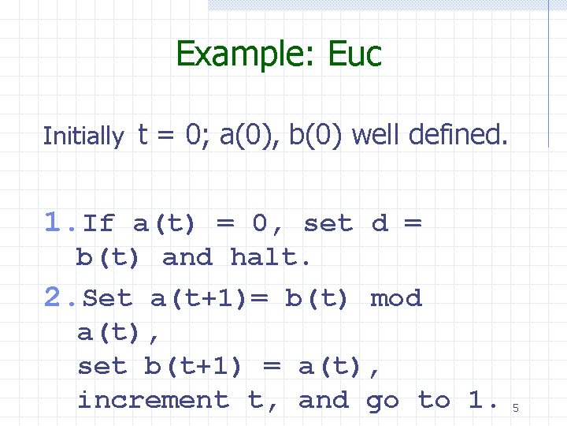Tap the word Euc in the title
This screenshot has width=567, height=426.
pos(346,54)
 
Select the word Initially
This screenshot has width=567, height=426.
pos(83,136)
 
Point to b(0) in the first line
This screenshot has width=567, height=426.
pos(317,135)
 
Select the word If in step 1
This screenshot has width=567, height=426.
pos(98,224)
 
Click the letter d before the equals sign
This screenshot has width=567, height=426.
pos(380,224)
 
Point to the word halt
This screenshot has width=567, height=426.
pos(272,257)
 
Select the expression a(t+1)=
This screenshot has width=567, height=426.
pos(209,299)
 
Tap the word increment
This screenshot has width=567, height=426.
pos(154,401)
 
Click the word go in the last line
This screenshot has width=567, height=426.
pos(384,402)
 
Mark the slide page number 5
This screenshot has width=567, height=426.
pos(516,408)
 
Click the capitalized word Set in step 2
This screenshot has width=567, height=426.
pos(108,299)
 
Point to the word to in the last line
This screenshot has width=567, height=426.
pos(435,401)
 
